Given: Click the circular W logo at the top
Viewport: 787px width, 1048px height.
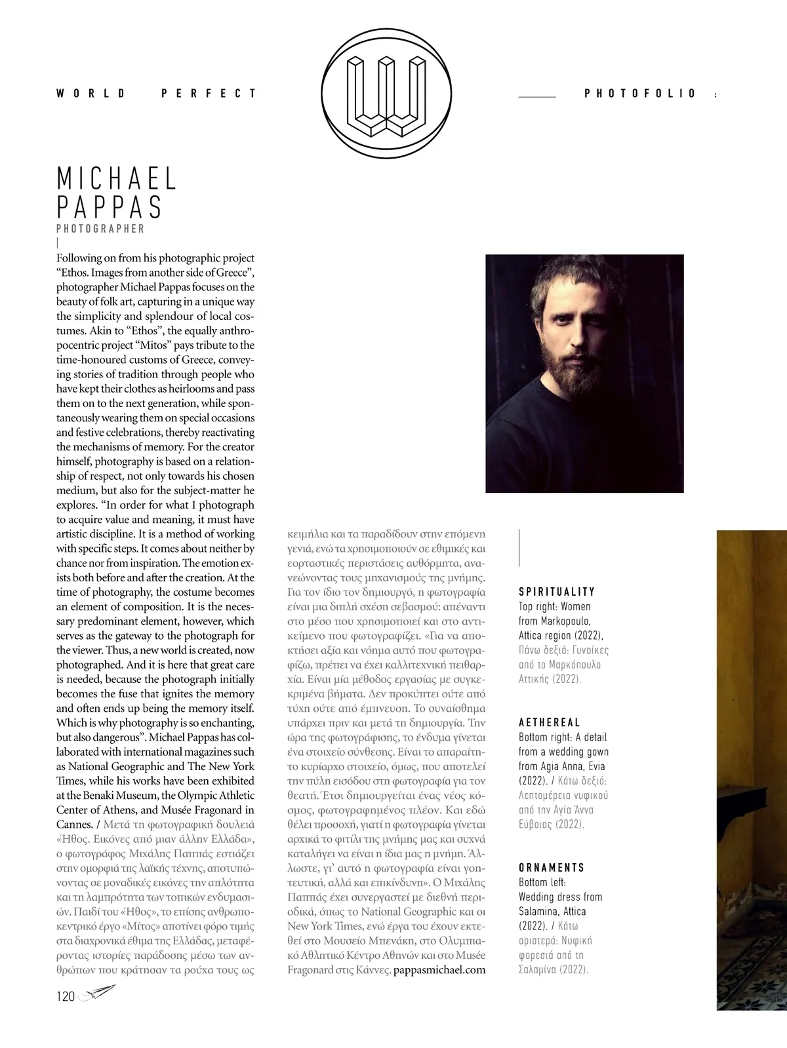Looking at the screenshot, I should (x=388, y=94).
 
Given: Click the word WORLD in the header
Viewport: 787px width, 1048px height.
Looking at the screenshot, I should (x=91, y=94).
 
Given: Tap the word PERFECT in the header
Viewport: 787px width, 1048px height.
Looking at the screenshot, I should (x=209, y=94).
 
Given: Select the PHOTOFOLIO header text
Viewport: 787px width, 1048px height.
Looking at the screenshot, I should (x=639, y=94).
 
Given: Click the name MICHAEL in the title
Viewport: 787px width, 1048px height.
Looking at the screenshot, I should (x=117, y=179).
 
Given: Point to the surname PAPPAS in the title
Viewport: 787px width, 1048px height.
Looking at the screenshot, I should (x=110, y=207).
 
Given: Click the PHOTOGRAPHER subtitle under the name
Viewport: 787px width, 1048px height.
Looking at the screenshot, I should (x=100, y=229).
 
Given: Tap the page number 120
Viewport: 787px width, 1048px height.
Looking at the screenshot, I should (x=66, y=996).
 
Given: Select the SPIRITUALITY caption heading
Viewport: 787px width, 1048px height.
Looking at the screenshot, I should (x=557, y=592).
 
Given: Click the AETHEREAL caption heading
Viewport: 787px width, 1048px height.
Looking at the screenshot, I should (x=550, y=722).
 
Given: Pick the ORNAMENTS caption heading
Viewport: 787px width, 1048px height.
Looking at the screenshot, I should (x=552, y=868).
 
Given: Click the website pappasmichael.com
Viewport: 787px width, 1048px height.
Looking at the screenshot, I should (x=439, y=969).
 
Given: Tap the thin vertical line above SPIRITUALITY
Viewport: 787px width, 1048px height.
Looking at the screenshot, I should (x=519, y=547).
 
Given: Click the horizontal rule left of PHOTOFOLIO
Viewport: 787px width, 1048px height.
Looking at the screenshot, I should (x=536, y=96).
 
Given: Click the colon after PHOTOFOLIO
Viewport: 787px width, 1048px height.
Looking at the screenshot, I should (x=714, y=95).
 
